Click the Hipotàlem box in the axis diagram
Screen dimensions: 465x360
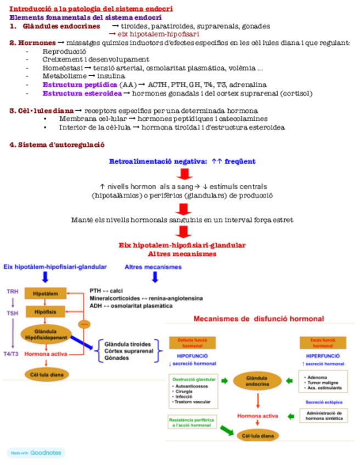pyautogui.click(x=45, y=293)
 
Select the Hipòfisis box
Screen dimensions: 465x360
pyautogui.click(x=45, y=313)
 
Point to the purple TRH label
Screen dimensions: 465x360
pyautogui.click(x=13, y=291)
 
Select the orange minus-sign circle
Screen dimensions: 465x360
pyautogui.click(x=84, y=324)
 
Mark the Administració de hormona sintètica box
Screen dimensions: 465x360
pyautogui.click(x=324, y=415)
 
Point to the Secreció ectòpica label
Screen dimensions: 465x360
pyautogui.click(x=323, y=402)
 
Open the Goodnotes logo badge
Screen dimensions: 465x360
pyautogui.click(x=36, y=453)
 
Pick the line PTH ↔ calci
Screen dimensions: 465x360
pyautogui.click(x=106, y=291)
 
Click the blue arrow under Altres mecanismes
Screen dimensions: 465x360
pyautogui.click(x=155, y=277)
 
